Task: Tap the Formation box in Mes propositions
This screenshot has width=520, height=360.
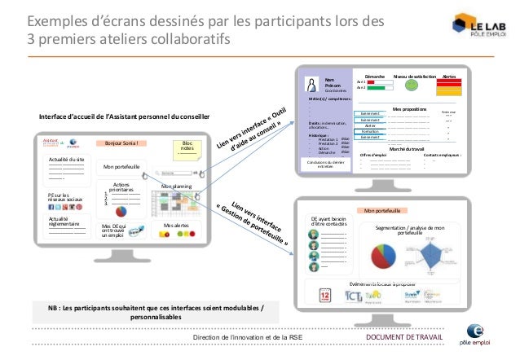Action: point(369,132)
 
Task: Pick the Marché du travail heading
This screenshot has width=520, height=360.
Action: point(405,147)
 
